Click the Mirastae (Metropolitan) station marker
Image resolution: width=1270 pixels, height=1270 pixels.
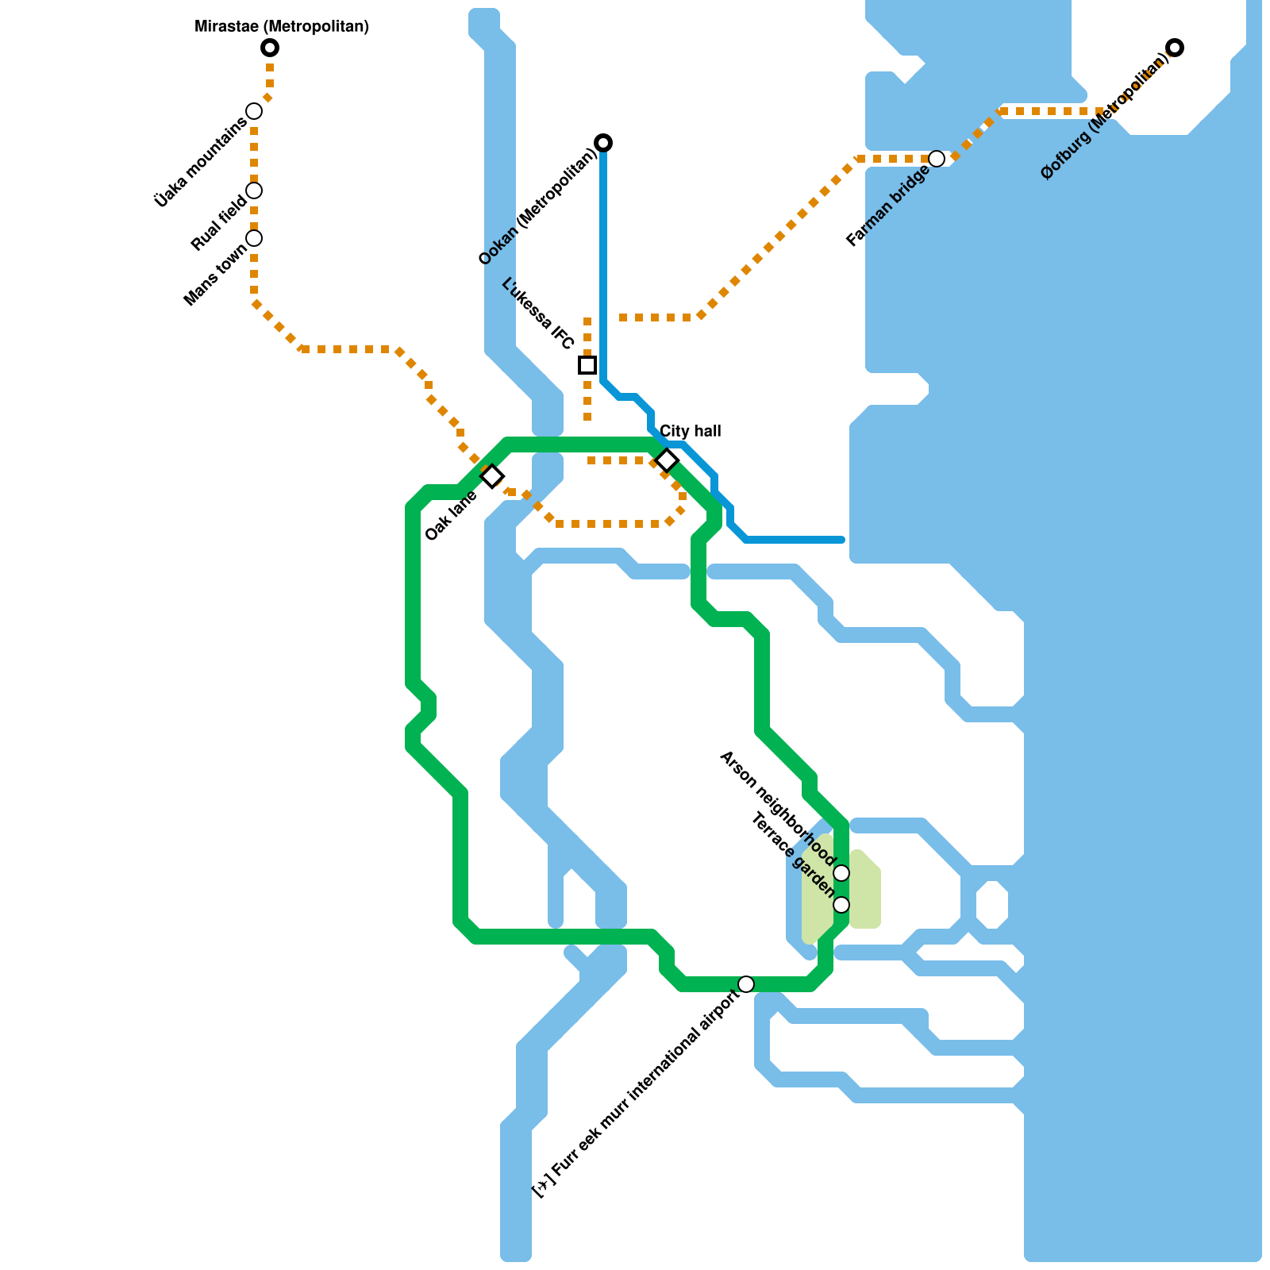[270, 48]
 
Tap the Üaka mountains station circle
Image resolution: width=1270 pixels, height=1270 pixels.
[254, 111]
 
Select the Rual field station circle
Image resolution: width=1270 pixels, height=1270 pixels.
[254, 190]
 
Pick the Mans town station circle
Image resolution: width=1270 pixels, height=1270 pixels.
[254, 238]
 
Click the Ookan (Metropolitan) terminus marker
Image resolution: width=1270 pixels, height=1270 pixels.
[603, 143]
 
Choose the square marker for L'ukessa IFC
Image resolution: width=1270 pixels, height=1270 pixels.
[587, 365]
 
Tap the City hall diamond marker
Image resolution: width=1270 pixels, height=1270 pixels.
[667, 460]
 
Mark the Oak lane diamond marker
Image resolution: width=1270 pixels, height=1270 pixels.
[492, 476]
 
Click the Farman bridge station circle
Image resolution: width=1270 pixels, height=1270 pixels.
[937, 159]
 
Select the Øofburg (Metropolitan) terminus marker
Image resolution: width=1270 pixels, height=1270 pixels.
[1175, 48]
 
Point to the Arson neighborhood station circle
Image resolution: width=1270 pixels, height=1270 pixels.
[841, 873]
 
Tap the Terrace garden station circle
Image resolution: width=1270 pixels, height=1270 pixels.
[841, 905]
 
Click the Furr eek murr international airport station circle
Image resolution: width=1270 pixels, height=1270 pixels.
[746, 984]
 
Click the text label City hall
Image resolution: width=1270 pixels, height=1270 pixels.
[691, 431]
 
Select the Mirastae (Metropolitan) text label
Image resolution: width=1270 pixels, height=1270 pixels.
[282, 27]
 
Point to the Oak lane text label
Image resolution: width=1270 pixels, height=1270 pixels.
[451, 516]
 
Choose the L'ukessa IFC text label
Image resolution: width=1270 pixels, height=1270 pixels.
[538, 314]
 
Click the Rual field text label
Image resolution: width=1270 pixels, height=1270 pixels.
[219, 223]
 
